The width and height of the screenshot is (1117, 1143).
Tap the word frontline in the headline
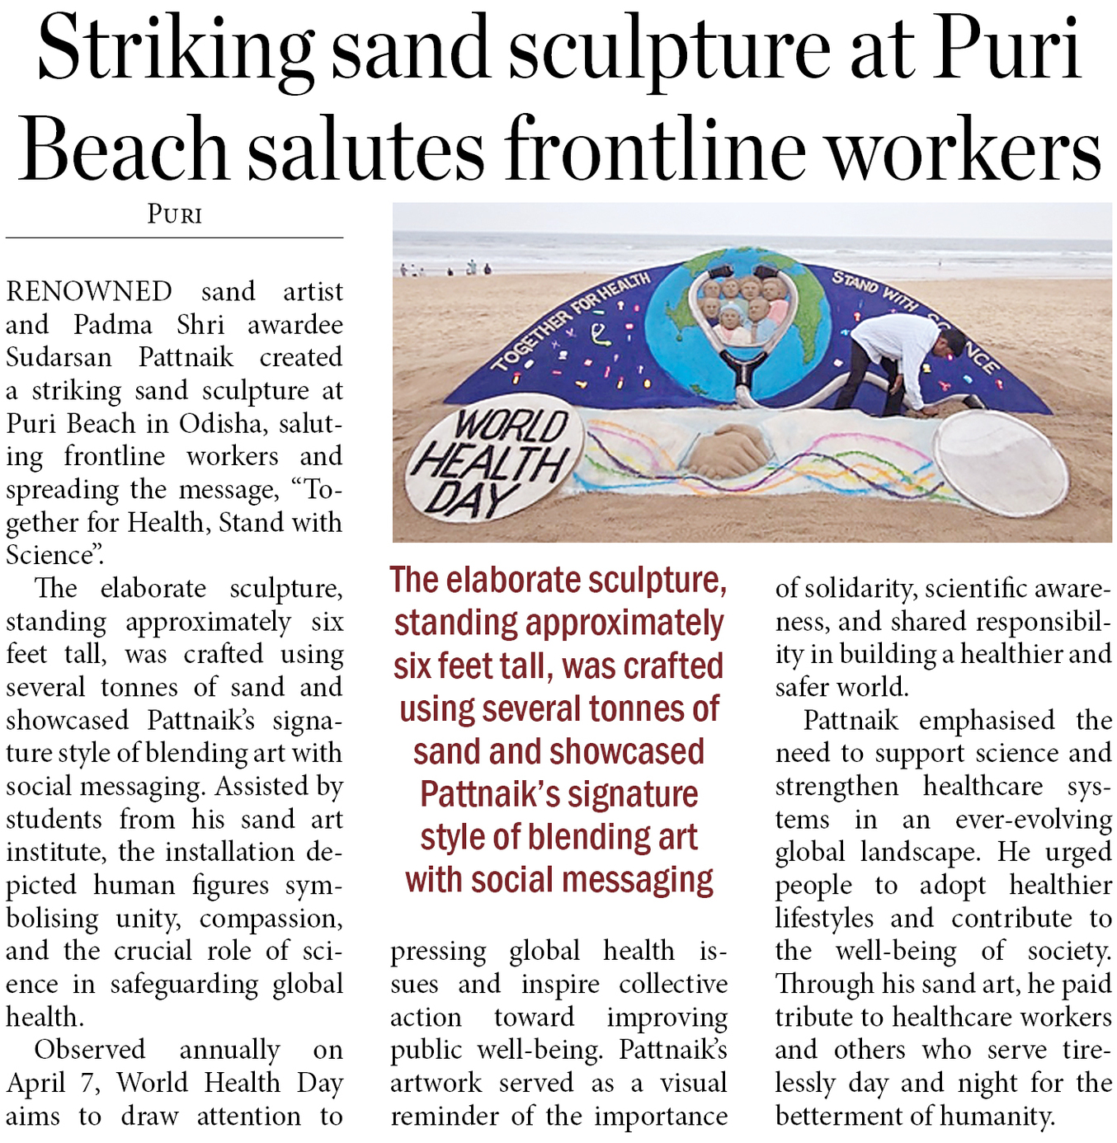coord(657,148)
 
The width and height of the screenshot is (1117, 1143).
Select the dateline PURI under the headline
coord(174,215)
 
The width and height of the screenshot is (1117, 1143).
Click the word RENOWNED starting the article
coord(89,292)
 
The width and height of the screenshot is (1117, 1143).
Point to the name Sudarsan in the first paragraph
coord(59,358)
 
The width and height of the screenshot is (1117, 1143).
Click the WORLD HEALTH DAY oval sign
coord(492,462)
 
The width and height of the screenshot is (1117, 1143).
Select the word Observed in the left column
coord(89,1050)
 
